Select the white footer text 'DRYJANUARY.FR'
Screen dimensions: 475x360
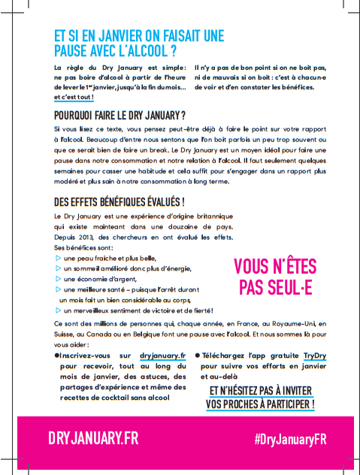coord(93,438)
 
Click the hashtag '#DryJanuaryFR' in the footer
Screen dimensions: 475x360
coord(289,439)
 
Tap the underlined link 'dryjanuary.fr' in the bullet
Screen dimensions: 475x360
coord(162,354)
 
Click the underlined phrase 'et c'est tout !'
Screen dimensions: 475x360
coord(74,97)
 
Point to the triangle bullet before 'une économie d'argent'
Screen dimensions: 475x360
coord(59,278)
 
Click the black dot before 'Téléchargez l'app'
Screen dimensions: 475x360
coord(198,354)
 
